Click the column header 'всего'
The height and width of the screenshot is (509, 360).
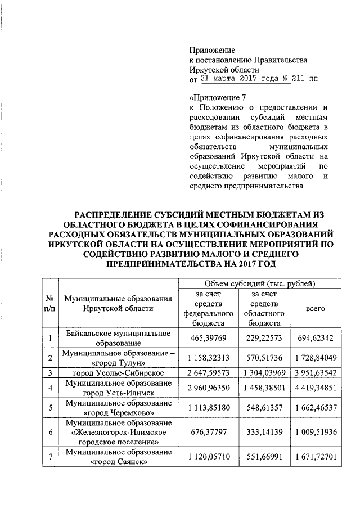coord(315,309)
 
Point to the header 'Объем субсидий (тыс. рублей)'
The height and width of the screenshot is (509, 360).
coord(260,283)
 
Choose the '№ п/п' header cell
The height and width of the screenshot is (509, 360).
coord(50,304)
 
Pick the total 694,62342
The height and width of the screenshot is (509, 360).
coord(316,339)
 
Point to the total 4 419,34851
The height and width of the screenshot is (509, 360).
coord(316,388)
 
